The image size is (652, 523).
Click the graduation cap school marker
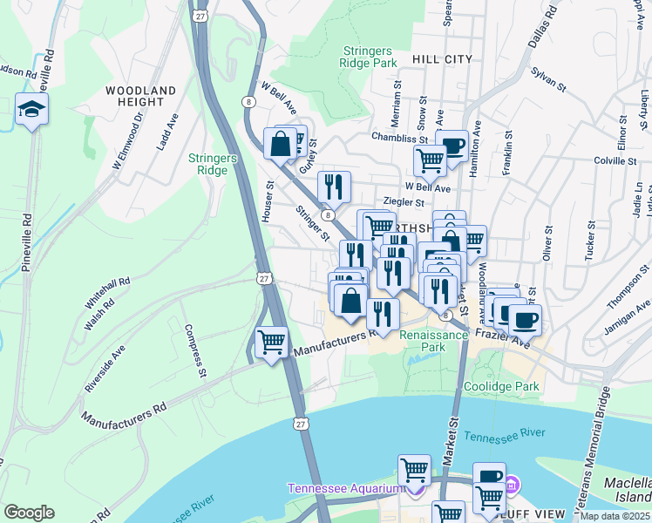click(x=31, y=110)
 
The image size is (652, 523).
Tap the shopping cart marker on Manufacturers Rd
click(x=272, y=343)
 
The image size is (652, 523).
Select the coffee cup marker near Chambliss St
click(x=452, y=146)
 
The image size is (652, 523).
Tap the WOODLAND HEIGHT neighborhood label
click(x=140, y=97)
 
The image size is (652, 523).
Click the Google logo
click(x=30, y=512)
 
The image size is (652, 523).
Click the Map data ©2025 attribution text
click(x=615, y=516)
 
